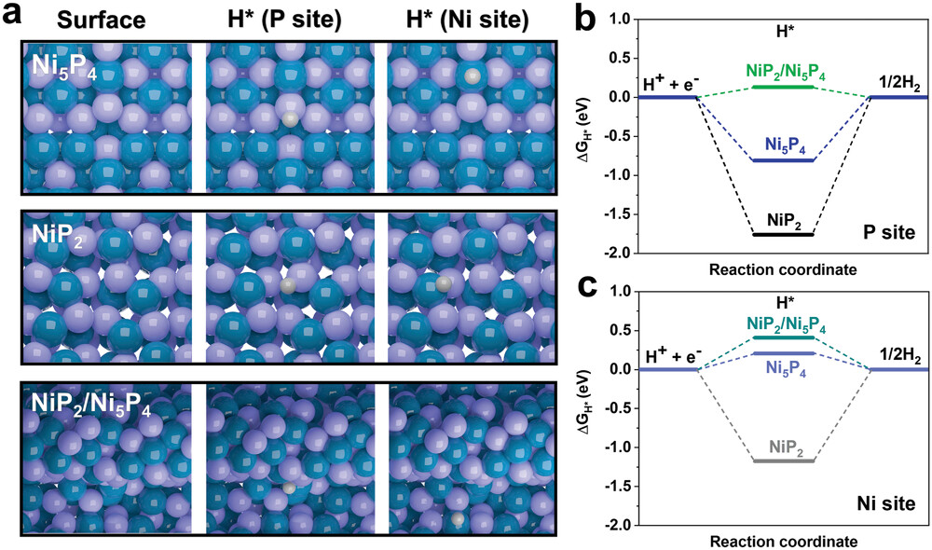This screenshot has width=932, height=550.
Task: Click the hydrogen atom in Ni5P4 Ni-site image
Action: pos(473,76)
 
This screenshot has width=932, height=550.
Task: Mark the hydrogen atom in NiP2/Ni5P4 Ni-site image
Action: pos(457,518)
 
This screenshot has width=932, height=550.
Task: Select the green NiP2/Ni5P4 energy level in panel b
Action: pos(782,87)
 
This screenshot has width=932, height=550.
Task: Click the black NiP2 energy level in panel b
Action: pos(782,234)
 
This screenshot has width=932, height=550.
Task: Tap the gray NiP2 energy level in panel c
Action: pos(782,460)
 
